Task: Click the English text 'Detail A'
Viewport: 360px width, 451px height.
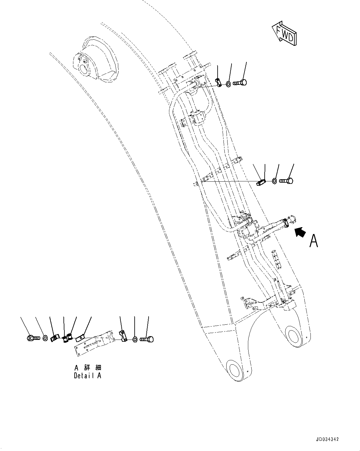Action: [x=87, y=376]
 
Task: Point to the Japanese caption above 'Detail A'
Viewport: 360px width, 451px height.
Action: [x=88, y=367]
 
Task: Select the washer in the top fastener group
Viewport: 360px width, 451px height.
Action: [x=228, y=84]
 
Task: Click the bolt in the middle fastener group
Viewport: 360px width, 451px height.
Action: [x=287, y=180]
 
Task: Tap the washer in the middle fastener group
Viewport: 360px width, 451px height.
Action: [x=275, y=181]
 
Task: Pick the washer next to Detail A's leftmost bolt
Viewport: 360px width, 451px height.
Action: [x=45, y=338]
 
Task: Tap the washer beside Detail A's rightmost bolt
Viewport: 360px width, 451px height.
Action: [x=135, y=340]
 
